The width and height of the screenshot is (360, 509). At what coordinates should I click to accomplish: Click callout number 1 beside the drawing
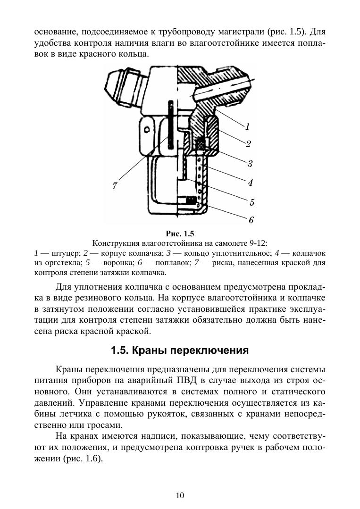click(247, 126)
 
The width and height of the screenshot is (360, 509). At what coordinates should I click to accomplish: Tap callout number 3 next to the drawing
click(250, 164)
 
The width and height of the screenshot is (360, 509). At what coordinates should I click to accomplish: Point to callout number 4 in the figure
click(251, 182)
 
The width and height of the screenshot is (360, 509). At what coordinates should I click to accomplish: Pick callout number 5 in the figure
click(252, 202)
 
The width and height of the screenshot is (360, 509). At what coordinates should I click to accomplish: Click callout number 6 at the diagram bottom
click(251, 220)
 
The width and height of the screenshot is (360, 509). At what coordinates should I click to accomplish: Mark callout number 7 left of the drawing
click(115, 186)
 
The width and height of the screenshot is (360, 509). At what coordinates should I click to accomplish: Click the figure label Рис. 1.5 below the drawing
click(180, 234)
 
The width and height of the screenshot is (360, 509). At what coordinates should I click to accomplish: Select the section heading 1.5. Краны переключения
click(180, 351)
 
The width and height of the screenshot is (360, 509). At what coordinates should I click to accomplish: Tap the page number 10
click(180, 495)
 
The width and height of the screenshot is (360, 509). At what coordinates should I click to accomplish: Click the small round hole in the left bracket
click(147, 129)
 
